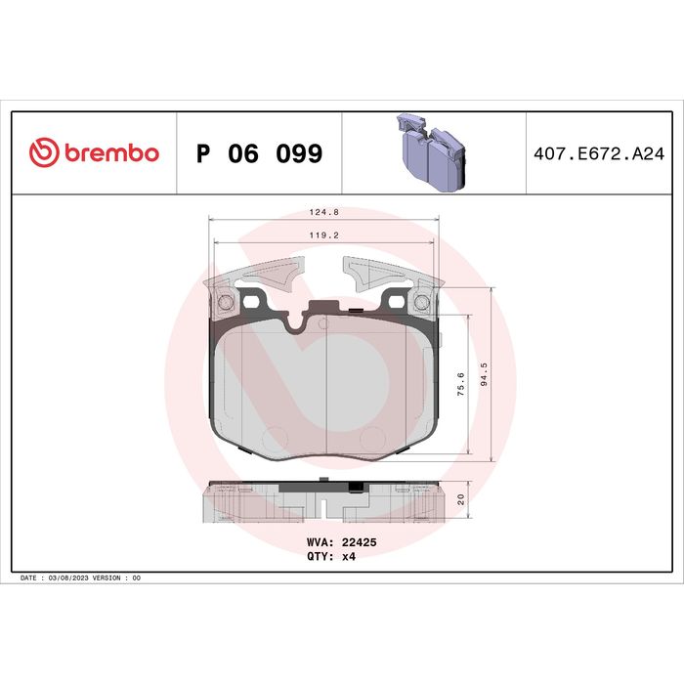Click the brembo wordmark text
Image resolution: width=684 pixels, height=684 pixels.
(111, 153)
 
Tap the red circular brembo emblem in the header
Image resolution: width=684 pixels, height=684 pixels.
(44, 152)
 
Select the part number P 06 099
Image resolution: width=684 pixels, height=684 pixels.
(260, 153)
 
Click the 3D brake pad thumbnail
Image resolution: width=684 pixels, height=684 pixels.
(432, 151)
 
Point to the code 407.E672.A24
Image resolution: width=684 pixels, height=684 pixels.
(599, 154)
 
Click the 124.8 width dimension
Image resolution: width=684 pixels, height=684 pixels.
(324, 212)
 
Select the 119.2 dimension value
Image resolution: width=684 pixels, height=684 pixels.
(324, 235)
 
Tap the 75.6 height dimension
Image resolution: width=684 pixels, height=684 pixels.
(460, 384)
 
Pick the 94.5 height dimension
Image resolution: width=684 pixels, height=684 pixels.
(484, 374)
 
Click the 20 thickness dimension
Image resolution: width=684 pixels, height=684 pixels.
(460, 499)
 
